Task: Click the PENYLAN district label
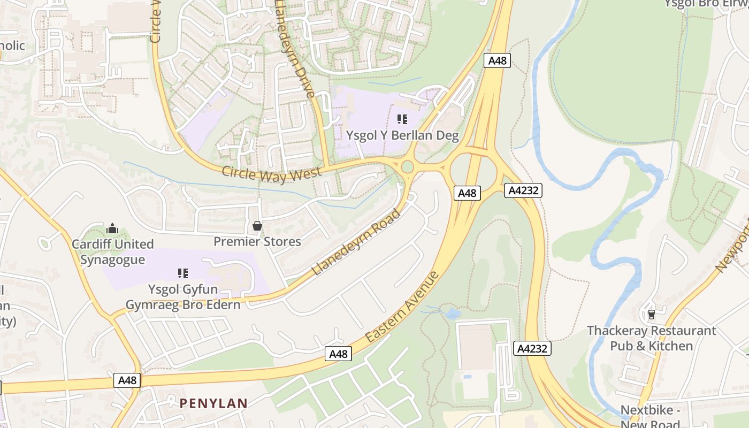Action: pyautogui.click(x=213, y=403)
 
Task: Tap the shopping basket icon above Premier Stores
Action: pyautogui.click(x=257, y=226)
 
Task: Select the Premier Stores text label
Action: pyautogui.click(x=257, y=242)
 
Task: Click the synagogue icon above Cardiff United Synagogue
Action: pyautogui.click(x=112, y=229)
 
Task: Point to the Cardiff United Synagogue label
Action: pyautogui.click(x=112, y=252)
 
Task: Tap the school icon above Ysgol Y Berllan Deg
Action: pyautogui.click(x=402, y=119)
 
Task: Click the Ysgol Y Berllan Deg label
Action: pyautogui.click(x=402, y=135)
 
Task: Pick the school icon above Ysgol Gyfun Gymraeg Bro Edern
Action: pyautogui.click(x=183, y=273)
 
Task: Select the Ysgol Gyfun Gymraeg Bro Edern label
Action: pyautogui.click(x=183, y=297)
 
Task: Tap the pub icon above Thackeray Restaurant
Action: pyautogui.click(x=651, y=314)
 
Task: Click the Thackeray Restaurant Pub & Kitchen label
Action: pyautogui.click(x=651, y=338)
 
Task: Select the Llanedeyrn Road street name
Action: pyautogui.click(x=355, y=242)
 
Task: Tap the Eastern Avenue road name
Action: pyautogui.click(x=402, y=307)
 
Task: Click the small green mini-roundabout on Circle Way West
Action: pyautogui.click(x=407, y=167)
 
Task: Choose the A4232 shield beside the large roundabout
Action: pyautogui.click(x=523, y=190)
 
